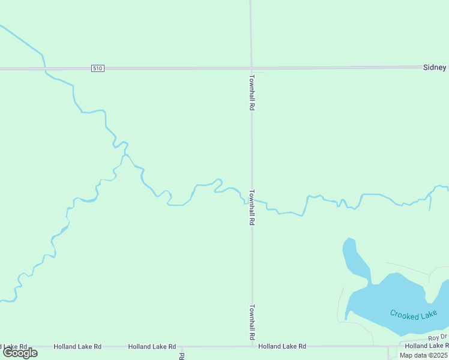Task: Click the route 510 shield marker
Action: tap(98, 68)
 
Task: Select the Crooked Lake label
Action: tap(413, 314)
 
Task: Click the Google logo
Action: tap(20, 353)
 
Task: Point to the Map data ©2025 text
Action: tap(424, 355)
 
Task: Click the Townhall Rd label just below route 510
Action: tap(253, 92)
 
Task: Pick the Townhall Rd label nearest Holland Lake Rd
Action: tap(253, 323)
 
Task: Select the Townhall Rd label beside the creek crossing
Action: tap(253, 208)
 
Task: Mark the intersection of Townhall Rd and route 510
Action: tap(252, 68)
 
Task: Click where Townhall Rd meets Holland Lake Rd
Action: tap(252, 346)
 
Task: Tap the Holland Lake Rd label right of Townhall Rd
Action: tap(282, 346)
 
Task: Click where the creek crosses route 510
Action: tap(44, 69)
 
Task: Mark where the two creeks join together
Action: tap(122, 157)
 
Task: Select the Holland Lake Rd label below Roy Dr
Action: tap(426, 346)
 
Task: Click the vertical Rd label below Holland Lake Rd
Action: tap(181, 356)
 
